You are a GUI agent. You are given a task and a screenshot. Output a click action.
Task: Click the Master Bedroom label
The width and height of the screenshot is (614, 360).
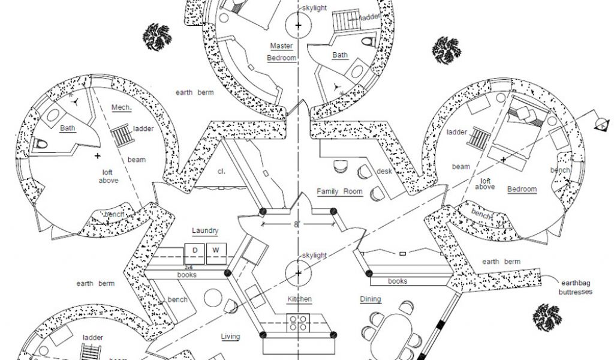[282, 52]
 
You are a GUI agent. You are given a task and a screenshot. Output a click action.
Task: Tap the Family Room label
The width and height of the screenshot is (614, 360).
[340, 191]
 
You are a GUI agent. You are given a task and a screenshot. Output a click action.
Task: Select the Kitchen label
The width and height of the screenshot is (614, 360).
[299, 299]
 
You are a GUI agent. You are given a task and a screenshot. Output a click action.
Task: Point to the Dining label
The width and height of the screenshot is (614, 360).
[370, 299]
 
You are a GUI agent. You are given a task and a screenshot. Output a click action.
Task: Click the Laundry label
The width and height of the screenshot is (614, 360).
[205, 230]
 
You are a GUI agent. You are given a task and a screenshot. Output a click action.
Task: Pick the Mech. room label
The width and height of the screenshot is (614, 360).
[121, 108]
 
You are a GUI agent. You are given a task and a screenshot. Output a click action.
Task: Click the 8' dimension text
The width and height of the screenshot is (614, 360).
[296, 223]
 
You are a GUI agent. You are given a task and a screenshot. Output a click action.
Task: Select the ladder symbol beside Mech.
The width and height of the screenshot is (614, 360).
[121, 136]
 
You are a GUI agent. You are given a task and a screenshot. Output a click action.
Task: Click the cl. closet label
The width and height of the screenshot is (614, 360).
[221, 171]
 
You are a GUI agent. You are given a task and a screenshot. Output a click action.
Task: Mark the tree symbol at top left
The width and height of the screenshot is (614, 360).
[156, 37]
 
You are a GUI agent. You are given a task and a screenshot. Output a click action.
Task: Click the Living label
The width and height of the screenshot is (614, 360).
[230, 337]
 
